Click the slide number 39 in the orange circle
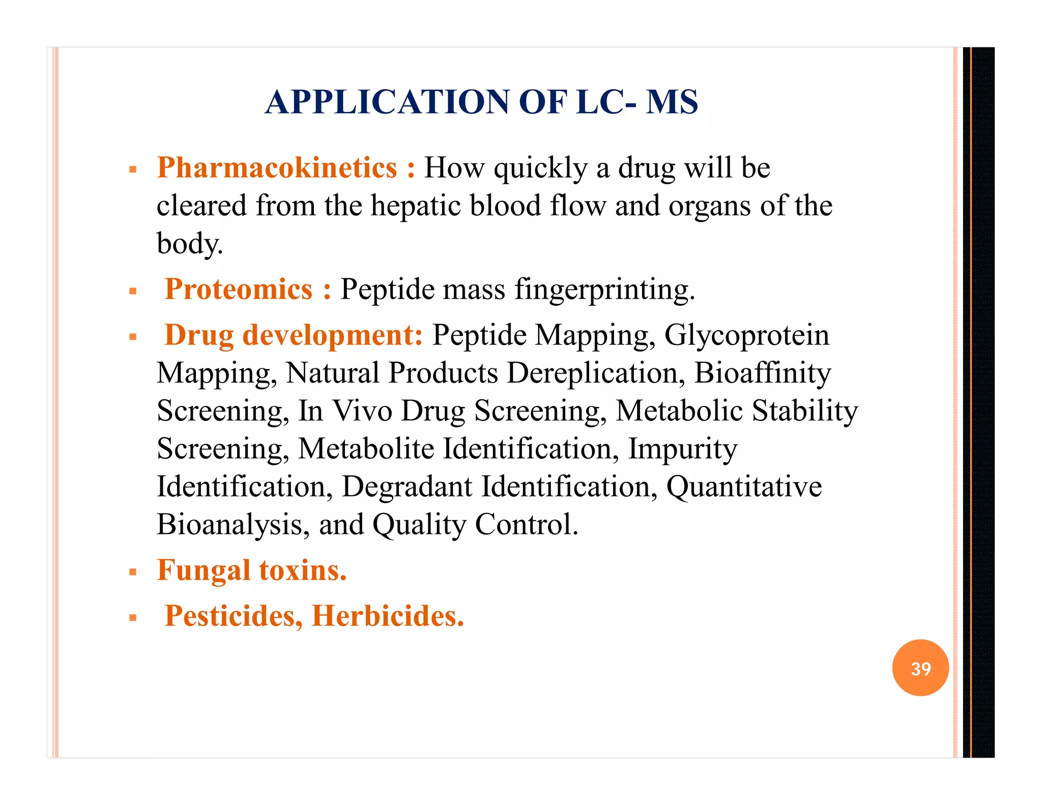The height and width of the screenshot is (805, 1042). [x=920, y=668]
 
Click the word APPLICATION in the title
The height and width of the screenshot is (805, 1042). [x=387, y=102]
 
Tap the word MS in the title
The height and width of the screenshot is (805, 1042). [x=672, y=102]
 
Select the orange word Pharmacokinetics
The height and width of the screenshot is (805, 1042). [x=277, y=167]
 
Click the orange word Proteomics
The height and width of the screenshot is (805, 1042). [x=239, y=289]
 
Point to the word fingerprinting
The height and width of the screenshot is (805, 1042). [x=604, y=290]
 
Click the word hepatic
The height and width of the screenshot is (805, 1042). [x=415, y=206]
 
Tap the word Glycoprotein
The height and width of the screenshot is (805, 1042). [x=746, y=335]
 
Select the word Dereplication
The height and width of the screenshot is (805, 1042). [x=592, y=373]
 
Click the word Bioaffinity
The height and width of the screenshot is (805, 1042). [x=762, y=373]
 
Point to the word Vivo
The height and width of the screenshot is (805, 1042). [x=362, y=411]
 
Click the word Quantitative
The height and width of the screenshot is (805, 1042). [x=744, y=486]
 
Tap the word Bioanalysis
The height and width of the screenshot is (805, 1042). [x=229, y=525]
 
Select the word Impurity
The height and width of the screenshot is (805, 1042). [x=682, y=449]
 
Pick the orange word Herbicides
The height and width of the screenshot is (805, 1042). [x=388, y=616]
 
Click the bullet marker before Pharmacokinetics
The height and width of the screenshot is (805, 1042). [x=133, y=169]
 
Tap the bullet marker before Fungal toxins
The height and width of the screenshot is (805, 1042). [x=133, y=572]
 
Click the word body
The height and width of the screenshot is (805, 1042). [x=189, y=244]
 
